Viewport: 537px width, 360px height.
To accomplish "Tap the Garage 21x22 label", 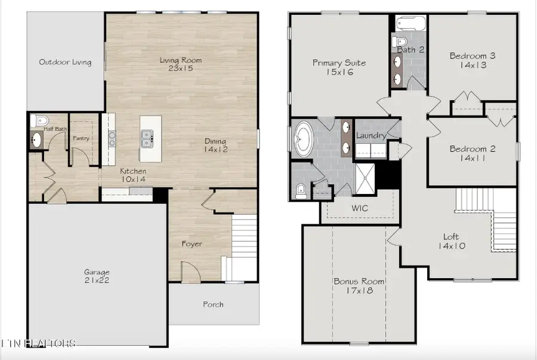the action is (x=97, y=276).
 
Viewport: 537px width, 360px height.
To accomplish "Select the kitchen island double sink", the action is (x=147, y=139).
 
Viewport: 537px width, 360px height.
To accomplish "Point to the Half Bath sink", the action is (x=36, y=140).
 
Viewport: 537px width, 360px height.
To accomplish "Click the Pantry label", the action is (x=81, y=138).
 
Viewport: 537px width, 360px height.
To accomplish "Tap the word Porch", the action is (x=213, y=304).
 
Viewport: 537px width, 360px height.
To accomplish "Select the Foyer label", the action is (x=192, y=244).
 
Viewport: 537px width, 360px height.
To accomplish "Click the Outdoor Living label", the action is (x=65, y=62).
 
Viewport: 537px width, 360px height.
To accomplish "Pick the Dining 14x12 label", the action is (x=216, y=145).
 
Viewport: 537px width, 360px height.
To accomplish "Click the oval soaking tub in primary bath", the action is (x=304, y=139).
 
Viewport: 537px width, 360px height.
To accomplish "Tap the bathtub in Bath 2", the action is (x=411, y=23).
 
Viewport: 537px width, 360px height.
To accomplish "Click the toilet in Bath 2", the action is (x=399, y=41).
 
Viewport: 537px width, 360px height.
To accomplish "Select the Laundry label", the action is (x=371, y=136).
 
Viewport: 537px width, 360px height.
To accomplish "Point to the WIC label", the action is (x=360, y=208).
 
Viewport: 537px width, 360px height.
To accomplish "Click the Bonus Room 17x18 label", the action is (x=359, y=286).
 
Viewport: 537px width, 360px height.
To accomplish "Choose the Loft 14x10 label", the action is (x=452, y=241).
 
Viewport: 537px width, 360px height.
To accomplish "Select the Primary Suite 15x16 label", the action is (x=339, y=67).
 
